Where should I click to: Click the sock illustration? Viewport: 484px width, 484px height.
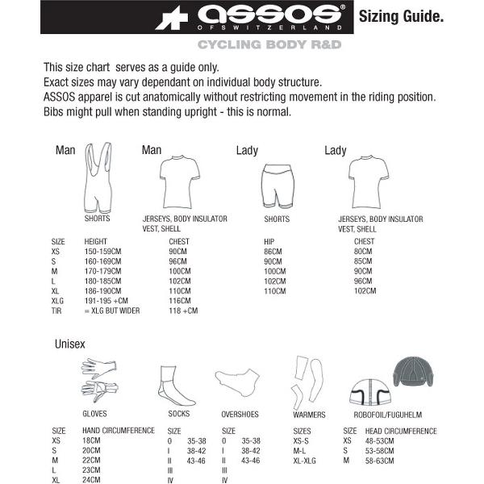[176, 386]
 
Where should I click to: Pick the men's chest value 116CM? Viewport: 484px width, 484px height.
[180, 300]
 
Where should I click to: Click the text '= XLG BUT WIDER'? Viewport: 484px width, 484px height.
[112, 311]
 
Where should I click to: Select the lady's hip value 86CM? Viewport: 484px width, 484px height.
[274, 251]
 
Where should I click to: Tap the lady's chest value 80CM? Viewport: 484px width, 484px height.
[364, 251]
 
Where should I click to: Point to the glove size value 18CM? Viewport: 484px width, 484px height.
[90, 441]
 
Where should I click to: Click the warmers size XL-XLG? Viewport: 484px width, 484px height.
[306, 461]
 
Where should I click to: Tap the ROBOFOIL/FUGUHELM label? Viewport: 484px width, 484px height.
[388, 415]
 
